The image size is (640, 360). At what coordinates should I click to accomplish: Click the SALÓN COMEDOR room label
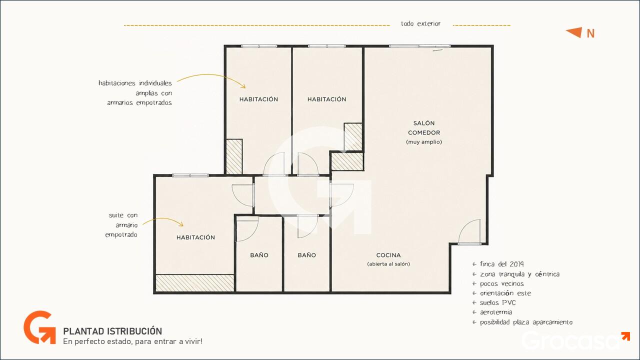coord(424,127)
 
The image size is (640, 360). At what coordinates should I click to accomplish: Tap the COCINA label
coord(388,255)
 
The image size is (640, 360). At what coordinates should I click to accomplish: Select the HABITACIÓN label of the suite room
coord(195,237)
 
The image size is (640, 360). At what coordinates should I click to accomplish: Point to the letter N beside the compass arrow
coord(590,33)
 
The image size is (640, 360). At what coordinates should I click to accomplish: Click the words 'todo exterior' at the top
coord(420,23)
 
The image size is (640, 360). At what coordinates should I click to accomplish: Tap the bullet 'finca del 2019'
coord(498,264)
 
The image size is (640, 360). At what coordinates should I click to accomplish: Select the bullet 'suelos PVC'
coord(494,302)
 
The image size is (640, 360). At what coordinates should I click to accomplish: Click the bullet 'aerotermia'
coord(492,312)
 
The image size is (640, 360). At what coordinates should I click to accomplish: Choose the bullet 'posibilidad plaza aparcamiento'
coord(522,322)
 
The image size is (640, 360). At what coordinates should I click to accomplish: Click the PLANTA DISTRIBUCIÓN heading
coord(112,331)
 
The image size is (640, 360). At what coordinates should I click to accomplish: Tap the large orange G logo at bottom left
coord(39,327)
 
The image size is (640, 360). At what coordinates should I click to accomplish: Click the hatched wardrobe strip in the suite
coord(195,283)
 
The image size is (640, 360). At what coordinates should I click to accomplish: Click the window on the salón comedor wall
coord(419,46)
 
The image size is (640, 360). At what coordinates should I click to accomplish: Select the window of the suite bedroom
coord(190,175)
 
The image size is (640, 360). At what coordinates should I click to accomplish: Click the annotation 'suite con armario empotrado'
coord(121,225)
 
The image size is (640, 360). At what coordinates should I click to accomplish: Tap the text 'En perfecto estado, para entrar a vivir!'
coord(133,341)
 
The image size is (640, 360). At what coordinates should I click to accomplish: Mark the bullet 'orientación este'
coord(501,293)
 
